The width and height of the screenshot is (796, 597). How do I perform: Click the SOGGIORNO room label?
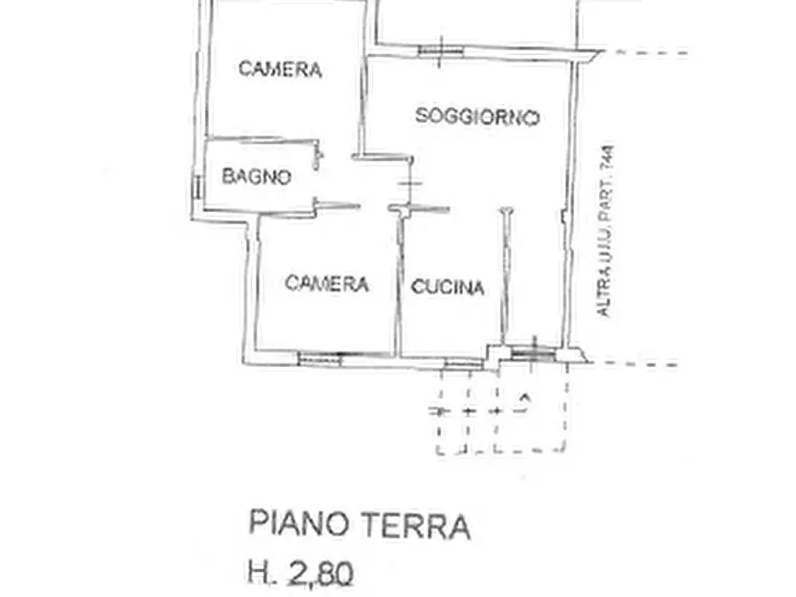[x=478, y=117]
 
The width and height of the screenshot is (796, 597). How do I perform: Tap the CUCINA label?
[x=447, y=287]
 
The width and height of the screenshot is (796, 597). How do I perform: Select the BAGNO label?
[x=256, y=176]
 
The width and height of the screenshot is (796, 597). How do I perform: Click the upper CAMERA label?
[x=280, y=69]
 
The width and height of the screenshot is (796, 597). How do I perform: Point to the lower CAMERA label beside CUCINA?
[x=326, y=283]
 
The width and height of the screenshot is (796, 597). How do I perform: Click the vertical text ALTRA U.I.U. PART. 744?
[x=606, y=232]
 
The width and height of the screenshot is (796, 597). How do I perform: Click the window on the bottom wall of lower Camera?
[x=321, y=358]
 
